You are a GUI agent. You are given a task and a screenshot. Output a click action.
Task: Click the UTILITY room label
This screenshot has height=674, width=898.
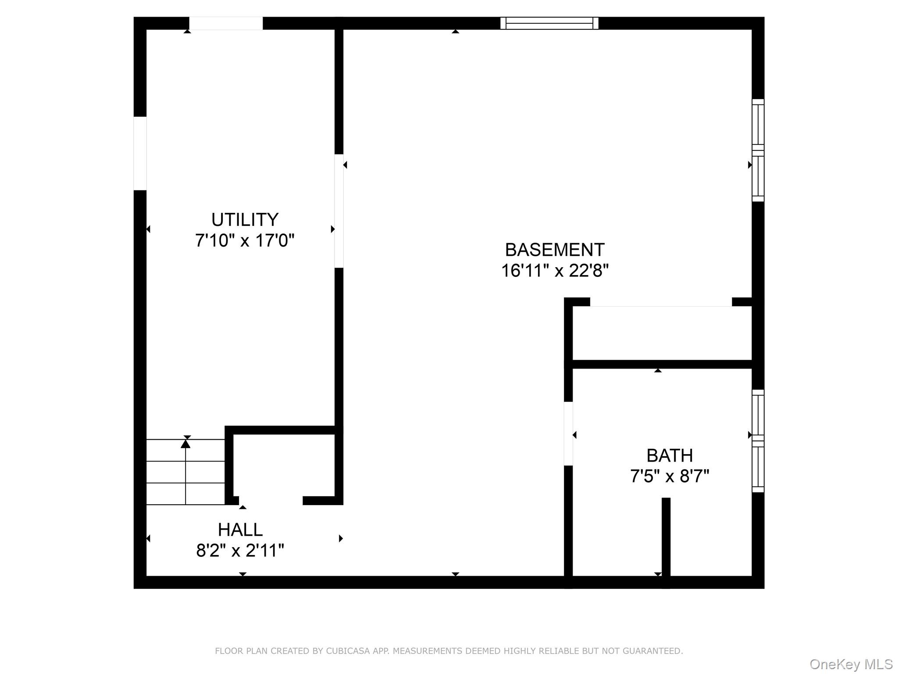(245, 219)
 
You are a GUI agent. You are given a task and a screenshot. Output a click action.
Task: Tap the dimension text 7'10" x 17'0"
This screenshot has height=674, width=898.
(245, 240)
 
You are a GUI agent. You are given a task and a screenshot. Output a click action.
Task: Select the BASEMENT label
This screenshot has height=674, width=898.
(555, 250)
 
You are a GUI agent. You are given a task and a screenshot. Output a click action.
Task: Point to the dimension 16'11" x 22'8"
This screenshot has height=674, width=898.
(555, 271)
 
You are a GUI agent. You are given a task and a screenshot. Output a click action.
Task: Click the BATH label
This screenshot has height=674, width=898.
(670, 455)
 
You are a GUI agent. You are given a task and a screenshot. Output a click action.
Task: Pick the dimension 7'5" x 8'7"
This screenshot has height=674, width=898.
(670, 476)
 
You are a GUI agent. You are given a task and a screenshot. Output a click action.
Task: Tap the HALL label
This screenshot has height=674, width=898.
(240, 530)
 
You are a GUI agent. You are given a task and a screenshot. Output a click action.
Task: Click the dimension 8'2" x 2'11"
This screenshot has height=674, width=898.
(240, 550)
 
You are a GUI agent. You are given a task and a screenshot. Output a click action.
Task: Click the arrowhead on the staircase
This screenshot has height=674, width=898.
(185, 444)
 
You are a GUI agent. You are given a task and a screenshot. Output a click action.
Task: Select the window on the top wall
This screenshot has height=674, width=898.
(549, 23)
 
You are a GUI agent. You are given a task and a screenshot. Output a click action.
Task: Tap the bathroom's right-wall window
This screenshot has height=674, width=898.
(758, 441)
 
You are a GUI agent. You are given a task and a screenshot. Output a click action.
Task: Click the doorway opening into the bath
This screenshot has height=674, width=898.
(568, 434)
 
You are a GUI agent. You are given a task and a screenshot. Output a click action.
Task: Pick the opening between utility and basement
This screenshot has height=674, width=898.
(339, 211)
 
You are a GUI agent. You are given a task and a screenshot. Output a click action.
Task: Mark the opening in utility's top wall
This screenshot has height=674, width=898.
(226, 23)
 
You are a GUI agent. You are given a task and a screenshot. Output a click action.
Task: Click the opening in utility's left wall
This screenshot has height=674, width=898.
(140, 154)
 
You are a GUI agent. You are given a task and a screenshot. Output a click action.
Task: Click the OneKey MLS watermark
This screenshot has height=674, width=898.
(851, 664)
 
